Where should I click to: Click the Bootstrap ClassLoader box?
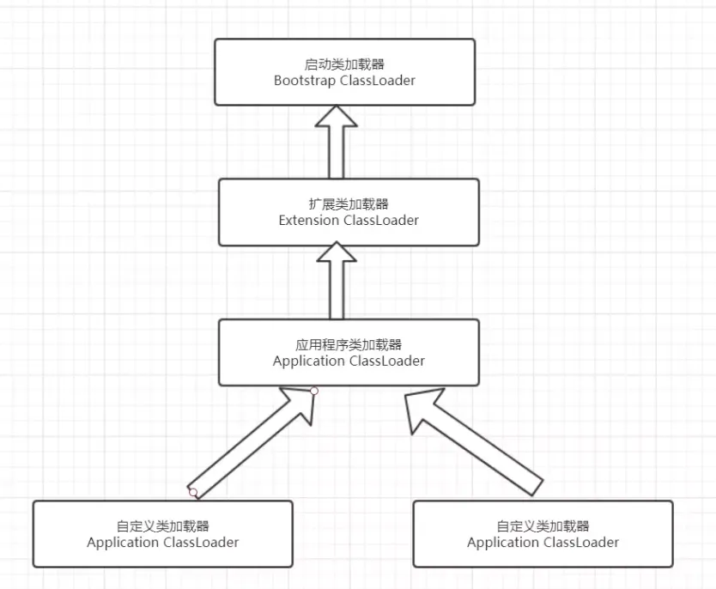point(344,72)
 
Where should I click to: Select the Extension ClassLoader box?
point(348,211)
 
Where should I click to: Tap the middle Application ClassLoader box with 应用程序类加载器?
point(348,352)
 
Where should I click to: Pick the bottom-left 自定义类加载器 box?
point(162,534)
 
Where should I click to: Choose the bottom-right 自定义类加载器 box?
point(543,534)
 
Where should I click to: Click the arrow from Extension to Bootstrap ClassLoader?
point(336,146)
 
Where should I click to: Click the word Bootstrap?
point(305,80)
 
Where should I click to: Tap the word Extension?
point(309,220)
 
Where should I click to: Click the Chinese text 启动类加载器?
point(344,64)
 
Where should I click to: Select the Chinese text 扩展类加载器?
point(348,204)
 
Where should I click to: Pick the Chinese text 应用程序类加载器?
point(348,344)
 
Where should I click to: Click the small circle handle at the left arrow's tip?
point(314,392)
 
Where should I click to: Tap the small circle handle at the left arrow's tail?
point(193,493)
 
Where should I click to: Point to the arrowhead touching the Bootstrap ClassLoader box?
point(336,119)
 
